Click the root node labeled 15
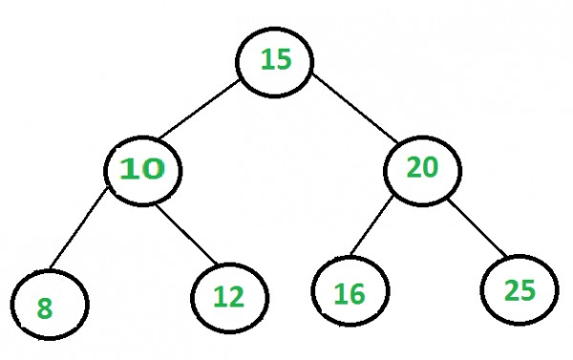[x=276, y=61]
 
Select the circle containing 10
[x=142, y=169]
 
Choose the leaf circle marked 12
[x=230, y=295]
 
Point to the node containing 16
[x=350, y=291]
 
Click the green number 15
[x=276, y=60]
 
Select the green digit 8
[x=44, y=308]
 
